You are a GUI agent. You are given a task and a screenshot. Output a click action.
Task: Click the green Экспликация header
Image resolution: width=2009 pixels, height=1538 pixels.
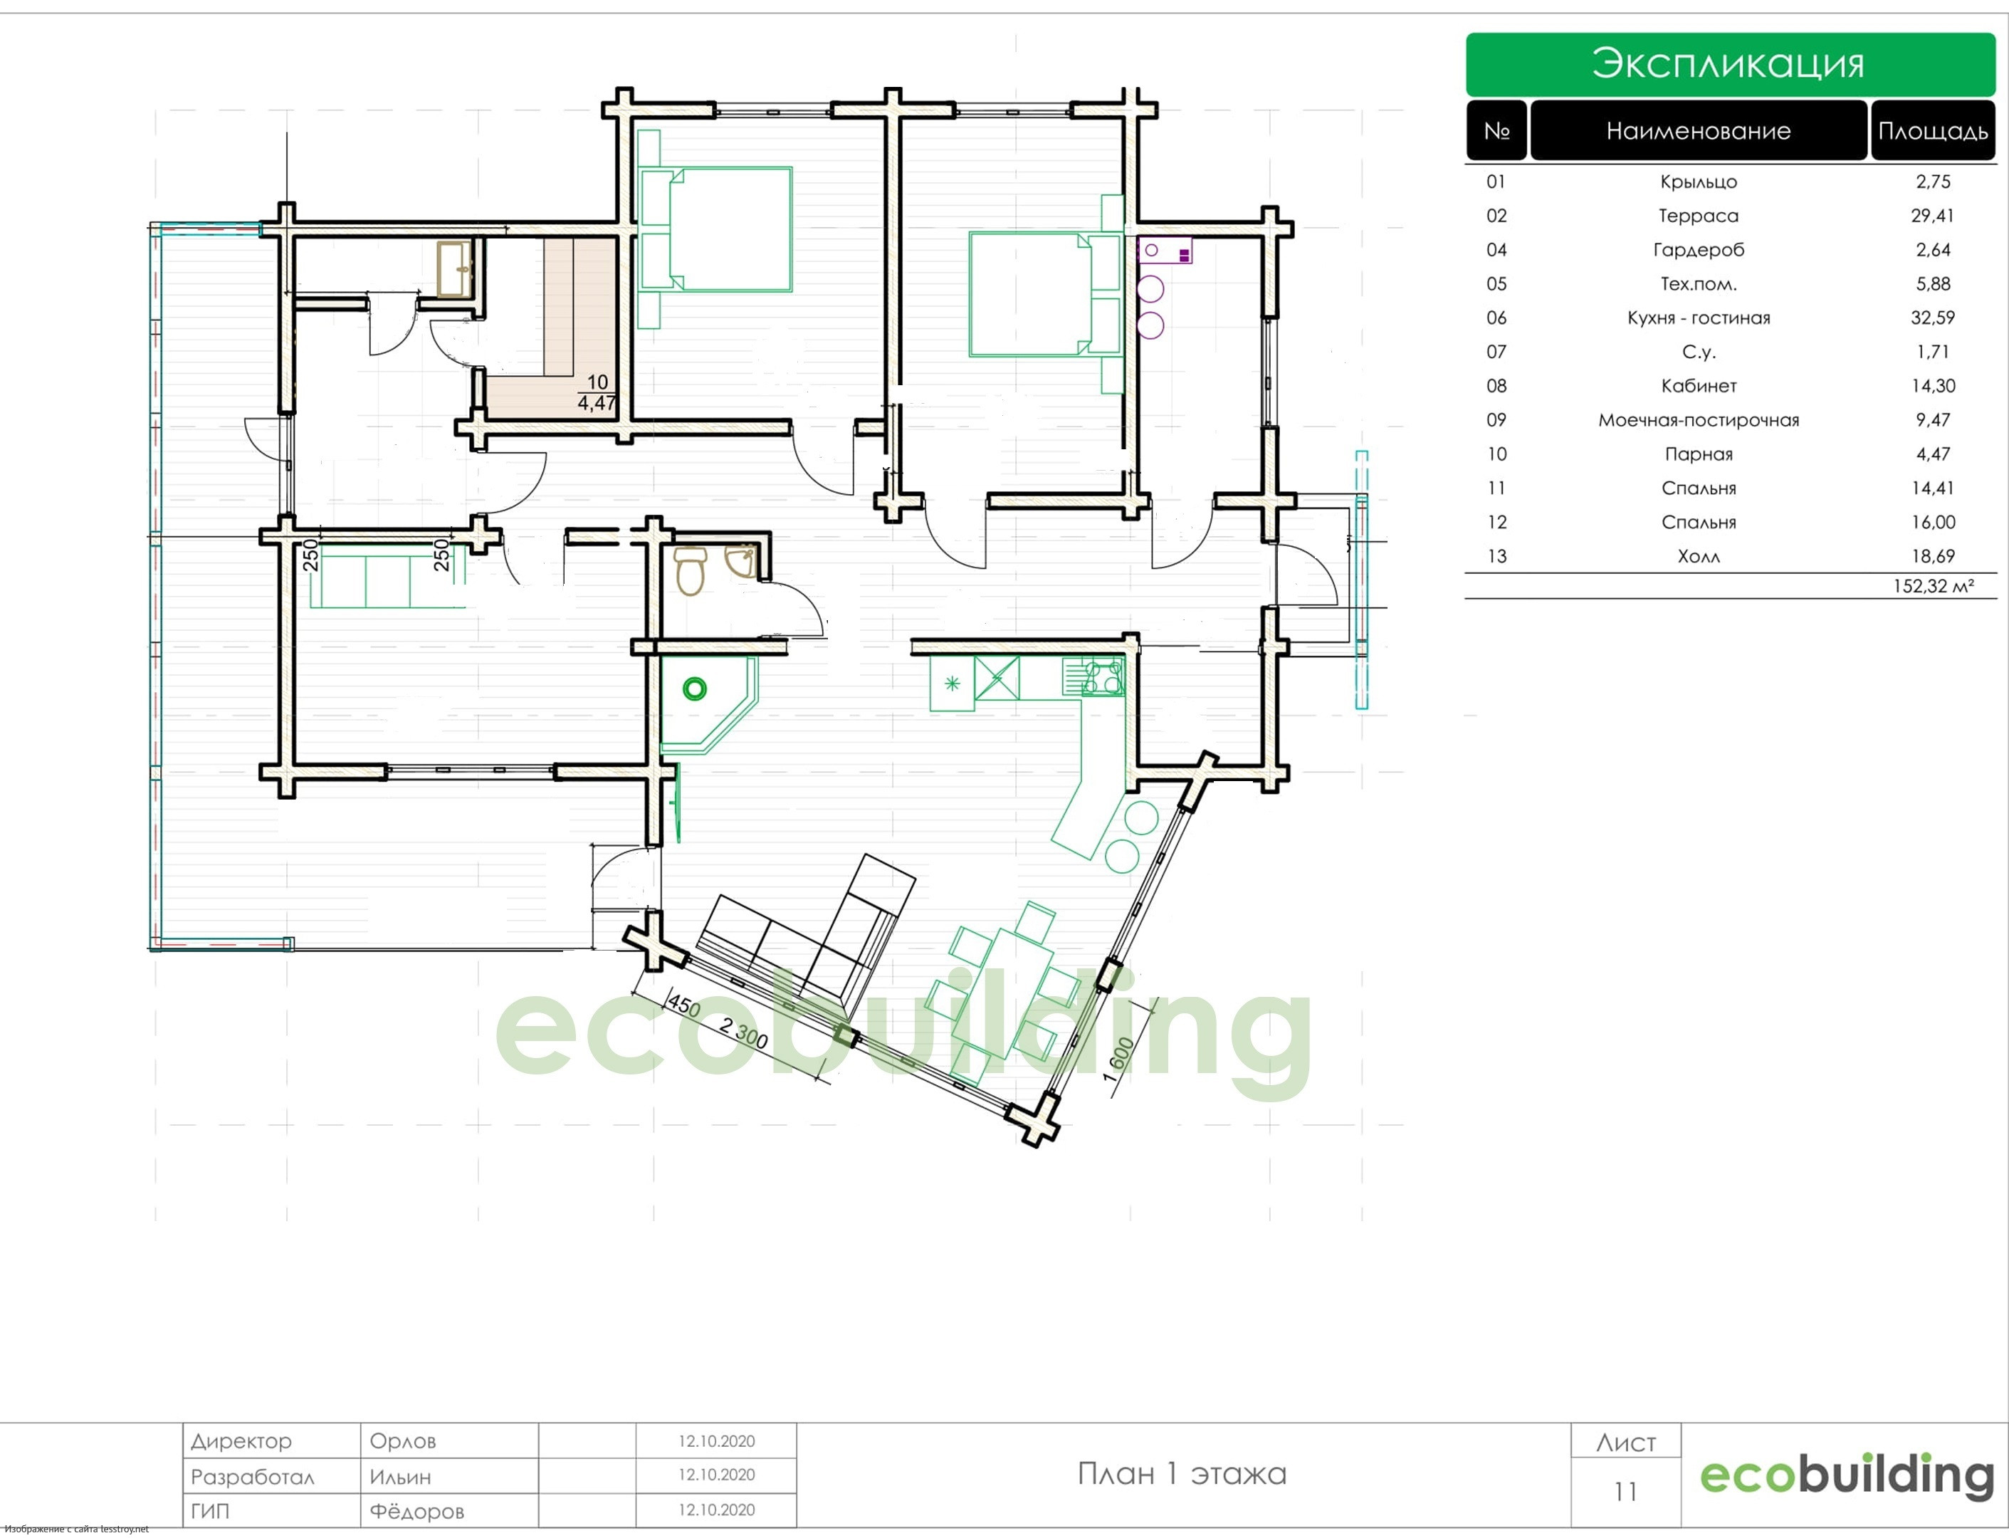click(1729, 64)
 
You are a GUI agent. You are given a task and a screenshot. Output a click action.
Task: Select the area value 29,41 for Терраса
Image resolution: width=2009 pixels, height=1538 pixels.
click(1932, 216)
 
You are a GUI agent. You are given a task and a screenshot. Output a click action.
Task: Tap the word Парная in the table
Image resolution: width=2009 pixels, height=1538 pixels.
click(1698, 454)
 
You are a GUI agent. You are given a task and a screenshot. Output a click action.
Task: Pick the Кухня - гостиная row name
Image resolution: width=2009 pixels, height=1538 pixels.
click(1698, 318)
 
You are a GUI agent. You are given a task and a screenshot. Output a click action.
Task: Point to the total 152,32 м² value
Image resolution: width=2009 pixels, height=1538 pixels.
click(1932, 586)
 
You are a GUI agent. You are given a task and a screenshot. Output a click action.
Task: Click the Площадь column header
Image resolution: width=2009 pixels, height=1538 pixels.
click(1932, 131)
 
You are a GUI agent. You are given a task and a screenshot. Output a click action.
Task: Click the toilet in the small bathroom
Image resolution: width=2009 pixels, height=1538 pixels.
click(689, 570)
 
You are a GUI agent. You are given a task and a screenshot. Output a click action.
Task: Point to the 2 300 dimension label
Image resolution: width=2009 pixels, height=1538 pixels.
click(743, 1034)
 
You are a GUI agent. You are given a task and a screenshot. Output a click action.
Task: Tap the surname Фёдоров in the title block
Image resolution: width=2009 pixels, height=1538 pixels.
click(416, 1512)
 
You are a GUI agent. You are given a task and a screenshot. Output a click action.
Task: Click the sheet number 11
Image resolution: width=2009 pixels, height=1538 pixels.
click(1625, 1492)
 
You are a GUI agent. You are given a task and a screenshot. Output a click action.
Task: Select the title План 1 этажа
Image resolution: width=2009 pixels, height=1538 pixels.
click(1182, 1474)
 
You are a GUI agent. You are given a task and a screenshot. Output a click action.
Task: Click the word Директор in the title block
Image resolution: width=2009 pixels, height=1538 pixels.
click(241, 1441)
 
